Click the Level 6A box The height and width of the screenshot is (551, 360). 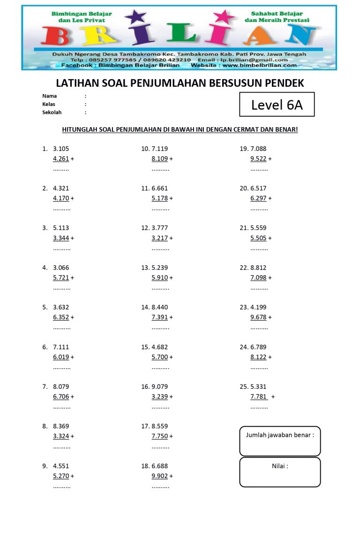(277, 105)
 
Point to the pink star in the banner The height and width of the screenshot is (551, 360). (224, 17)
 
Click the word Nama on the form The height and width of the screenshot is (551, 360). (49, 96)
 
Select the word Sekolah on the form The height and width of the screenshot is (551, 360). (52, 113)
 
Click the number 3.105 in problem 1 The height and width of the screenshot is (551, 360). (61, 149)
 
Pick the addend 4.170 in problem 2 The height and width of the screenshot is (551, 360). (61, 198)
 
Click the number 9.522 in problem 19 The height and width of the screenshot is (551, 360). (258, 159)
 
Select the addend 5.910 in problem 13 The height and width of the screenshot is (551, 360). (159, 278)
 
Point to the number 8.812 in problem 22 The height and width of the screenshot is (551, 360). (258, 268)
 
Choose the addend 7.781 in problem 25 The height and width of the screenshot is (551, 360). (258, 397)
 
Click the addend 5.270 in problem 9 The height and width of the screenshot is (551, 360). (61, 476)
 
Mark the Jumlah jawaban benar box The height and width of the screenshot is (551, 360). (280, 441)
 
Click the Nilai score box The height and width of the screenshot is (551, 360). (280, 472)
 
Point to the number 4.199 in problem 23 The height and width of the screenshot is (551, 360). (258, 307)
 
